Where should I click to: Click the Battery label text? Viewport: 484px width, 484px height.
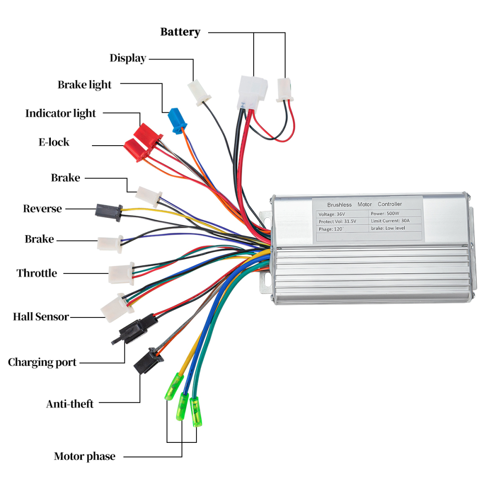click(x=180, y=32)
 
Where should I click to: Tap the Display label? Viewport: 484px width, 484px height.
click(x=128, y=59)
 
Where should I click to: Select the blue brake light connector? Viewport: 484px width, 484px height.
click(x=177, y=121)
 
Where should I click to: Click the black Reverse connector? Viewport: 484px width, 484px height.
click(x=108, y=212)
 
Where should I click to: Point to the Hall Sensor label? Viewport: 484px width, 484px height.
click(x=41, y=317)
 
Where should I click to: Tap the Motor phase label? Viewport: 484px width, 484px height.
click(x=85, y=456)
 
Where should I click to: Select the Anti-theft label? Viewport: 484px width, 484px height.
click(x=70, y=404)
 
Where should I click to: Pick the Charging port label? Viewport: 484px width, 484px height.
click(x=42, y=363)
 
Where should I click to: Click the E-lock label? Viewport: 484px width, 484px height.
click(x=54, y=142)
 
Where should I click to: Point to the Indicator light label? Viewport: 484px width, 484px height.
click(x=60, y=114)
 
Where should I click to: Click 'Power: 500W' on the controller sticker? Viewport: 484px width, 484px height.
click(x=386, y=213)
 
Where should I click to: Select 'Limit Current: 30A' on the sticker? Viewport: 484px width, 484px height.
click(x=390, y=221)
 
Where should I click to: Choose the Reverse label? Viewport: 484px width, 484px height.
click(x=43, y=209)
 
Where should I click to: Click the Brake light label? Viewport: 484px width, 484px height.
click(x=85, y=85)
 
